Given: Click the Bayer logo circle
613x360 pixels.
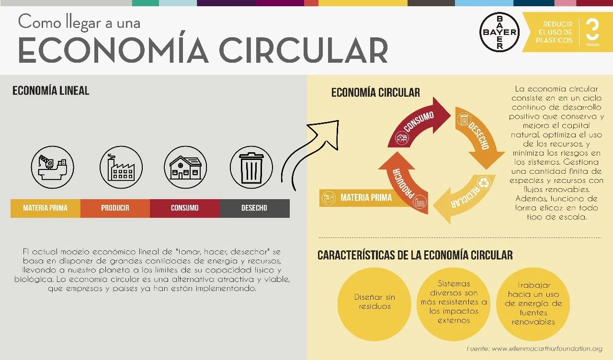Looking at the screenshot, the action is (499, 32).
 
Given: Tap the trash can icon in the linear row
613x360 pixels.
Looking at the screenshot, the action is (251, 167).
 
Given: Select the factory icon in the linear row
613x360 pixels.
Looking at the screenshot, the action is (121, 167).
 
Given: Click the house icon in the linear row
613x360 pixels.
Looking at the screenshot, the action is (185, 167).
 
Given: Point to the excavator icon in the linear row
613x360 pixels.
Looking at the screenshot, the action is (53, 167).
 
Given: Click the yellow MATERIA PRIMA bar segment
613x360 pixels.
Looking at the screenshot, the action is (45, 208).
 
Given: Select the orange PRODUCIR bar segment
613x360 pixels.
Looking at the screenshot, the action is (115, 208).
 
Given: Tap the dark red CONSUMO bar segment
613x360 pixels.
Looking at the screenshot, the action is (185, 208).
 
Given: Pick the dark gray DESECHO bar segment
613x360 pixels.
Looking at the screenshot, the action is (254, 208).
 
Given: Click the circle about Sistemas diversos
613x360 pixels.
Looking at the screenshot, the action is (454, 302).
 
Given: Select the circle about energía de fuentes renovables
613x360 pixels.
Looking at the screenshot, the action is (533, 304).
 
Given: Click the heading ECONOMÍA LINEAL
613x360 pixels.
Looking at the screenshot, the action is (51, 90).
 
